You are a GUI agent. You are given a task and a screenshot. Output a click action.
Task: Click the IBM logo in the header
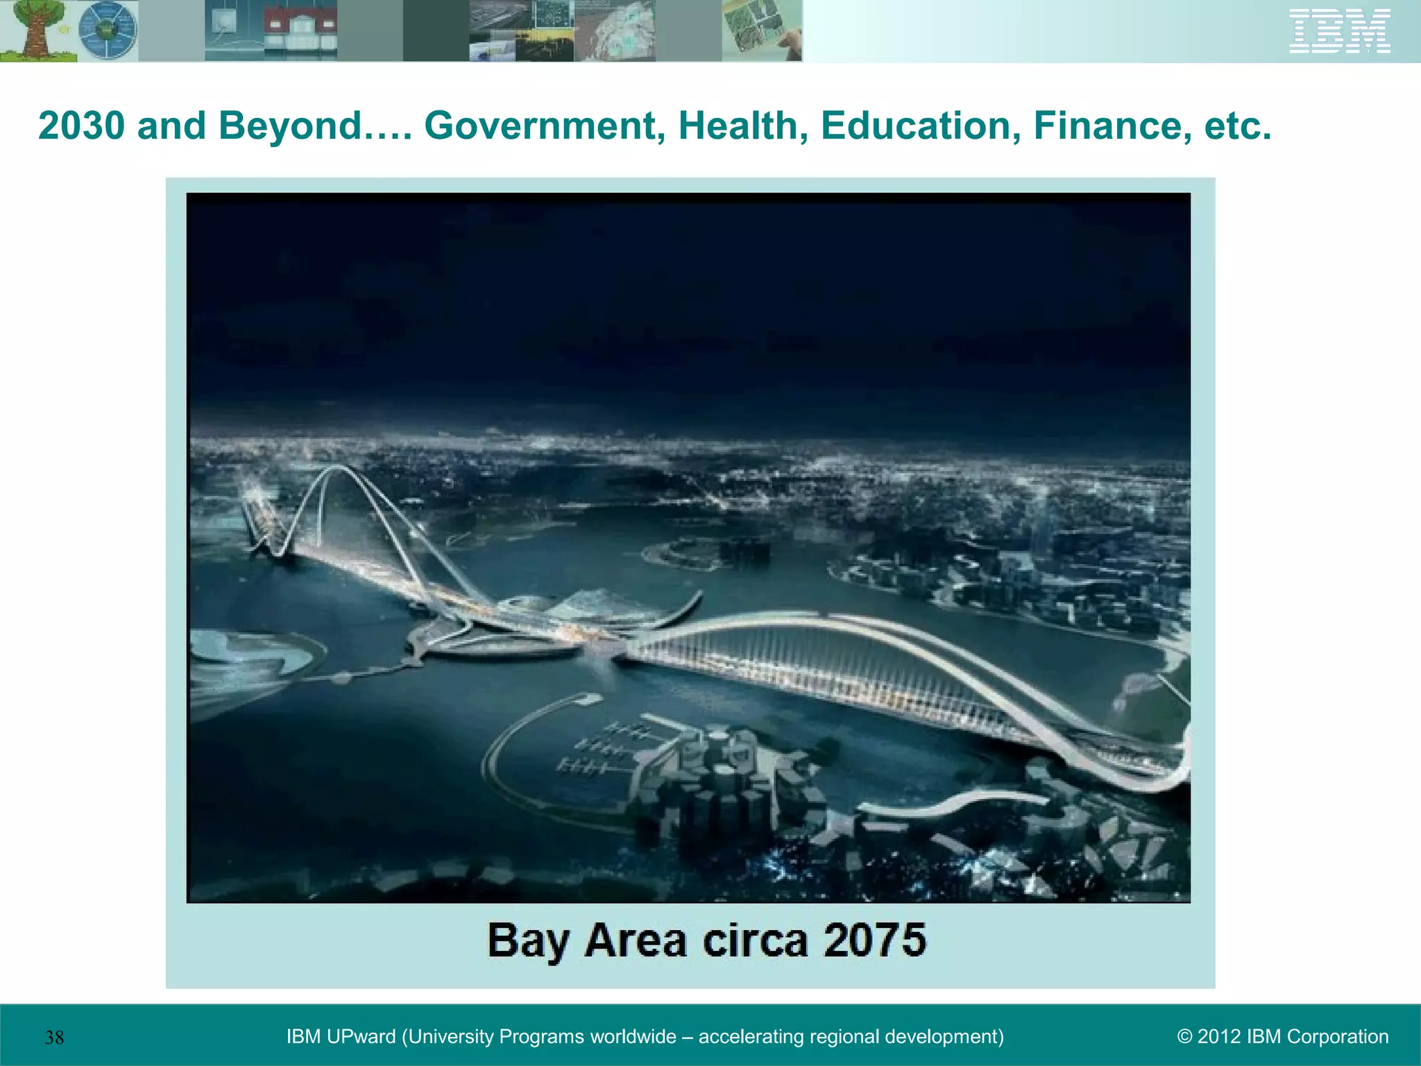pos(1339,31)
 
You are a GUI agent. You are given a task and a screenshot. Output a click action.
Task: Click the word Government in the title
pos(541,126)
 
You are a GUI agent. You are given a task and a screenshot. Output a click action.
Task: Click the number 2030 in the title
pos(83,126)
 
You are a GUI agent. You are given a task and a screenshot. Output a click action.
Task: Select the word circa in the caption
pos(755,940)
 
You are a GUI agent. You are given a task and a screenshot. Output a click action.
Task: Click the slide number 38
pos(54,1038)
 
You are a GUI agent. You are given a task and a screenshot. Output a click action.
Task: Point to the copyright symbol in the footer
pos(1184,1037)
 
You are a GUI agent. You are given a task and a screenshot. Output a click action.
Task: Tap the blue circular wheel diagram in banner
pos(108,31)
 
